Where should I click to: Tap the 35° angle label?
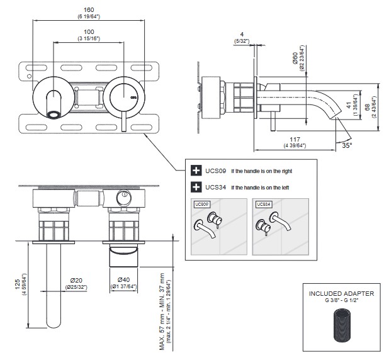(x=346, y=144)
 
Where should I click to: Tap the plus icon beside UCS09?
(x=195, y=171)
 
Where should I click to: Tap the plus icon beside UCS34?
(x=195, y=187)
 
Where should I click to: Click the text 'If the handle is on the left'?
(x=261, y=188)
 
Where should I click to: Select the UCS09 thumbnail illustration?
(x=217, y=226)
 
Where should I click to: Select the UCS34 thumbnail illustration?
(x=279, y=226)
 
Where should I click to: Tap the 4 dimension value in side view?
(x=242, y=35)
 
